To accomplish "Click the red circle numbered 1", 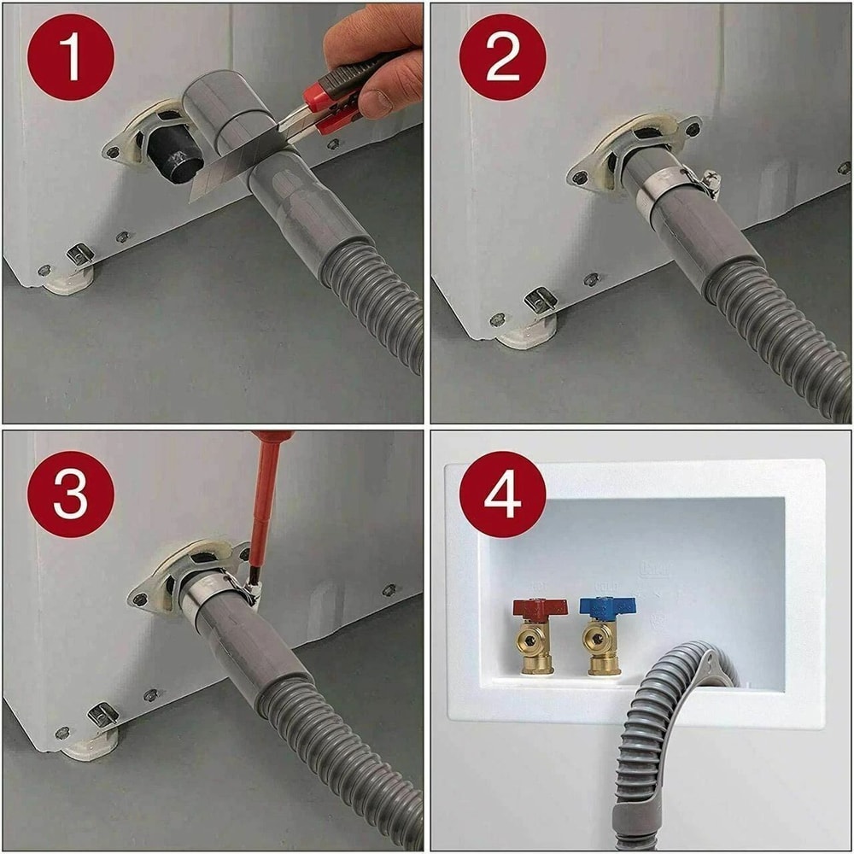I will [x=71, y=57].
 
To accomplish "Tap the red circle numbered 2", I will [x=502, y=57].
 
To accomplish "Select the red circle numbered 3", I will [x=71, y=494].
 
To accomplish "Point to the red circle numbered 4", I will [x=502, y=494].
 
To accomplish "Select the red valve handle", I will [x=540, y=607].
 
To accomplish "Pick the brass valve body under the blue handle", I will [x=601, y=646].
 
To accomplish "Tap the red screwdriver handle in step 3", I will [x=266, y=495].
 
